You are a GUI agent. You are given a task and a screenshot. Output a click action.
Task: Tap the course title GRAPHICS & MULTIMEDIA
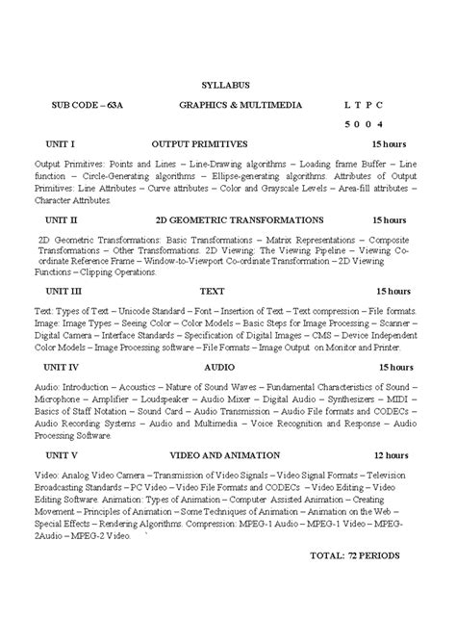241,105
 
